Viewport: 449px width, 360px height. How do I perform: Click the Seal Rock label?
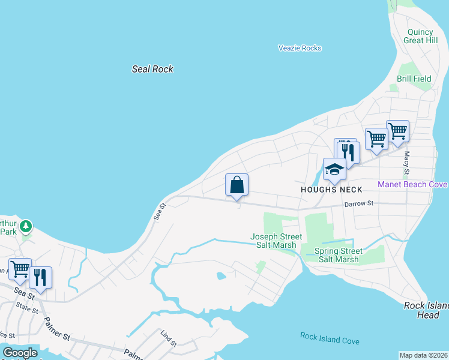tap(152, 69)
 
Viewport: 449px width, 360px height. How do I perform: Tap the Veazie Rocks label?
tap(300, 48)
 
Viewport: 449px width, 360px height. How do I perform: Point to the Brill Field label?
tap(414, 79)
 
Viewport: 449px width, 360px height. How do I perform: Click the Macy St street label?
tap(407, 163)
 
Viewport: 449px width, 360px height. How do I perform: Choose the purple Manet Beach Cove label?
tap(412, 184)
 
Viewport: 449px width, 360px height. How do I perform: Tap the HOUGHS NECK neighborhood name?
tap(332, 190)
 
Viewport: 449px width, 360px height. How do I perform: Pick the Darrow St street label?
tap(359, 204)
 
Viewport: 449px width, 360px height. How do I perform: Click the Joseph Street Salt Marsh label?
tap(273, 241)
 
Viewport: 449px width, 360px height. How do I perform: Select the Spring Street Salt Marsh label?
tap(339, 255)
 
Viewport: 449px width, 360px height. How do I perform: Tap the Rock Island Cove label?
tap(330, 339)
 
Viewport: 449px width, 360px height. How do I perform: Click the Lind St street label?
tap(169, 338)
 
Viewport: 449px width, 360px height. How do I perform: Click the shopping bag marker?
tap(237, 185)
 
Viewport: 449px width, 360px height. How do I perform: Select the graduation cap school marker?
tap(334, 169)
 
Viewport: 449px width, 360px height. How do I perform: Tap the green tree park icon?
tap(25, 227)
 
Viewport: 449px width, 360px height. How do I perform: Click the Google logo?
tap(20, 353)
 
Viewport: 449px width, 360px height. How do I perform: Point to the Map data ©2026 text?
tap(423, 355)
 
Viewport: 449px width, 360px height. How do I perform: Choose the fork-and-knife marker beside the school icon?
tap(347, 150)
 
